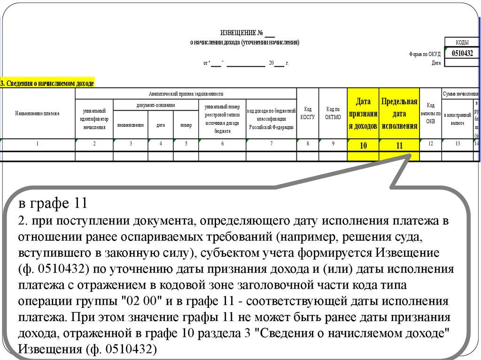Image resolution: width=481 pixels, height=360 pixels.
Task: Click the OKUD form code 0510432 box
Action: pos(462,54)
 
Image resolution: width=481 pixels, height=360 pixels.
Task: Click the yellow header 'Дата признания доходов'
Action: pos(363,114)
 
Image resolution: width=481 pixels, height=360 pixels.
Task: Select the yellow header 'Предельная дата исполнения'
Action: pos(399,114)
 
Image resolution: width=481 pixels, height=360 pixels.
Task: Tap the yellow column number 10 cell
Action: pos(363,146)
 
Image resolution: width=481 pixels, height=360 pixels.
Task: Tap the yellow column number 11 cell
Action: pos(399,146)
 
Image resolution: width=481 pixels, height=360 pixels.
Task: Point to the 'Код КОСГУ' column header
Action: pos(308,114)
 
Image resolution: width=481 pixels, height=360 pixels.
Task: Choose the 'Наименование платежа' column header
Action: pos(38,114)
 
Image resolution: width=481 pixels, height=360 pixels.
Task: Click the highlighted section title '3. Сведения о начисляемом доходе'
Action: pos(47,84)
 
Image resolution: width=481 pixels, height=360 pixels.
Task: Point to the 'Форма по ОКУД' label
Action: pos(425,54)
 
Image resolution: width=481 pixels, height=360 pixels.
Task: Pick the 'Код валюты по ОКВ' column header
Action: pos(431,114)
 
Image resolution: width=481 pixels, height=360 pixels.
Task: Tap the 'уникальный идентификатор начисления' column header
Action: pos(94,119)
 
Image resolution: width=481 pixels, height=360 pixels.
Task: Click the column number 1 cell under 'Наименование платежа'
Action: pos(38,145)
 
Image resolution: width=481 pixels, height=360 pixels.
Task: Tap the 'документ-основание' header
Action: pos(156,105)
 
